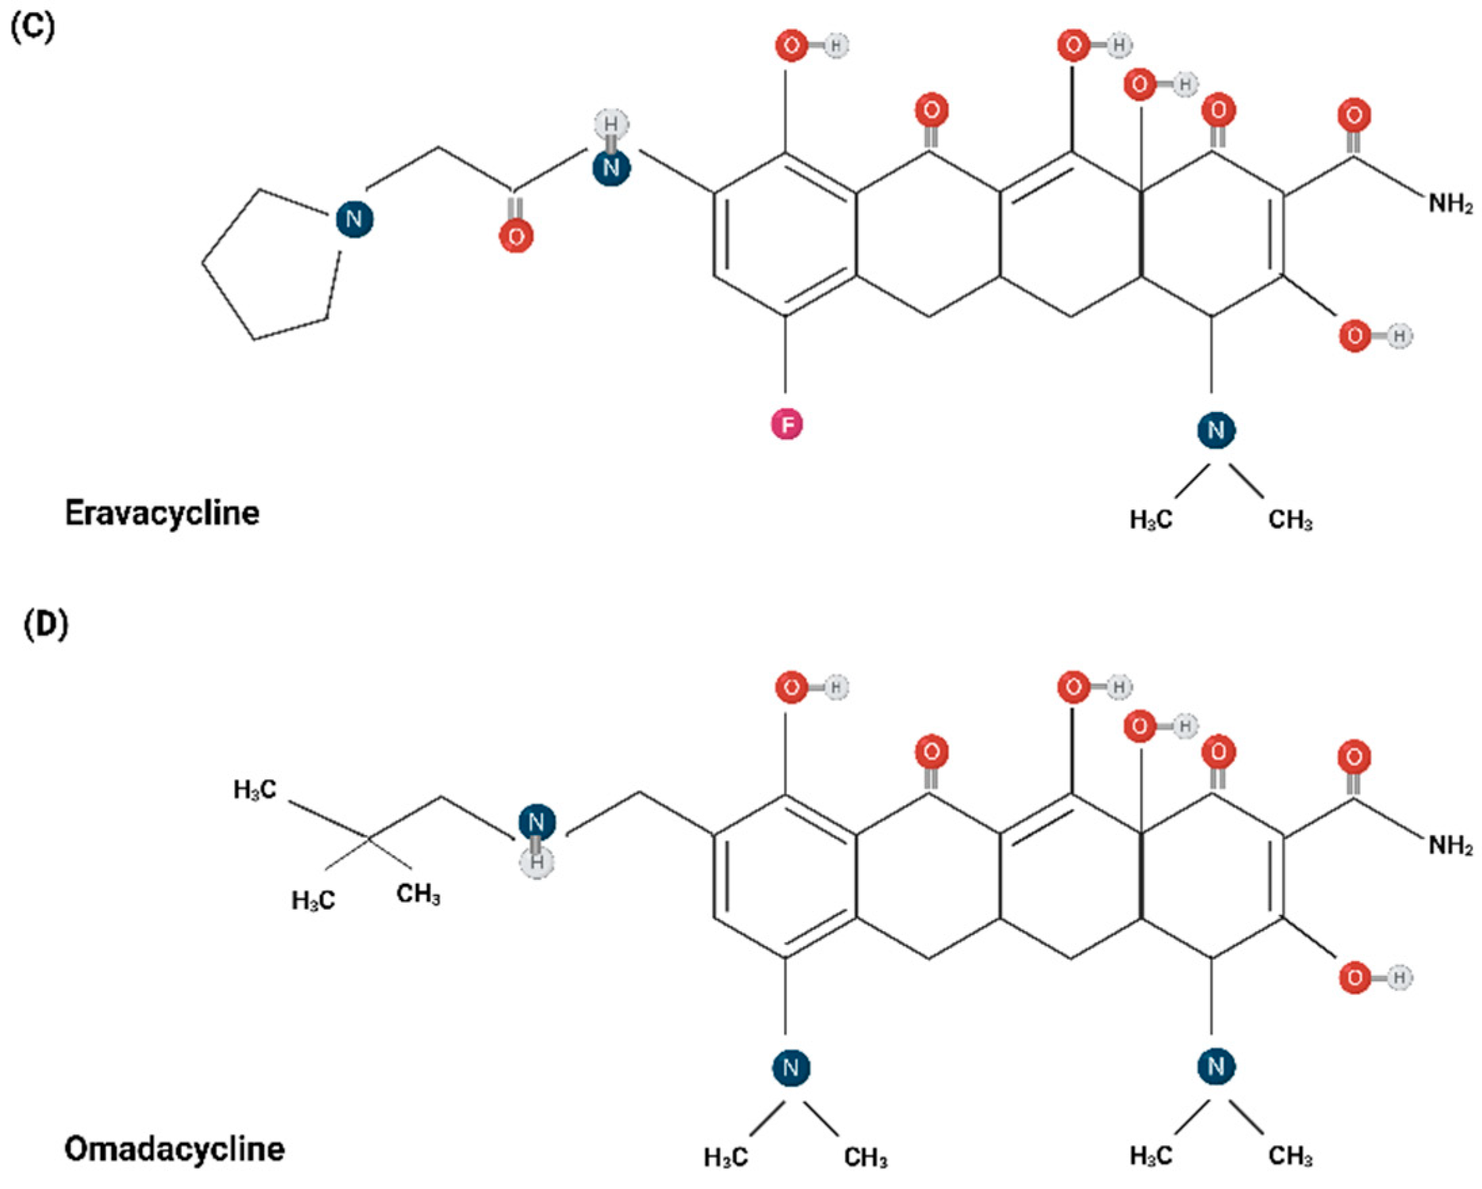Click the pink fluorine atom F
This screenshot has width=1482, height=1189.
pyautogui.click(x=787, y=424)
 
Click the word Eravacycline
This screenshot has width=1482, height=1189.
pyautogui.click(x=162, y=514)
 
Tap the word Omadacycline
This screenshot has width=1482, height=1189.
pyautogui.click(x=175, y=1149)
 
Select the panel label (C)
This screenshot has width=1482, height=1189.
pyautogui.click(x=32, y=28)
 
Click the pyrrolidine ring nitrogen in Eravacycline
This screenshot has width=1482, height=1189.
pyautogui.click(x=354, y=219)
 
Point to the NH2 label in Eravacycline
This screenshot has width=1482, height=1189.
pyautogui.click(x=1451, y=204)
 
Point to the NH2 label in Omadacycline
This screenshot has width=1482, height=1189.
pyautogui.click(x=1451, y=845)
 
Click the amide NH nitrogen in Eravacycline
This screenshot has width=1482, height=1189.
pyautogui.click(x=611, y=167)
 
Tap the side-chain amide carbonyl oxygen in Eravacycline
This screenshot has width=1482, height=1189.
pyautogui.click(x=516, y=236)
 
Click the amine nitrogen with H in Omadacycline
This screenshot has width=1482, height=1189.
pyautogui.click(x=537, y=822)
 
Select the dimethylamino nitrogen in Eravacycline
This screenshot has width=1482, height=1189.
pyautogui.click(x=1216, y=430)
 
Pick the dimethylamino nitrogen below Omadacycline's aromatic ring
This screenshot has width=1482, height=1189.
pyautogui.click(x=791, y=1067)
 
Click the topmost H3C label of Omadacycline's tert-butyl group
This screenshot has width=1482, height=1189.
pyautogui.click(x=255, y=790)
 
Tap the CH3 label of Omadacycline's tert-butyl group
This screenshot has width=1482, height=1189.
pyautogui.click(x=418, y=894)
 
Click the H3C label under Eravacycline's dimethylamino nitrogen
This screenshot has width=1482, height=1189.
pyautogui.click(x=1150, y=520)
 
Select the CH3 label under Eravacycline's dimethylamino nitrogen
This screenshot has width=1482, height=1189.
pyautogui.click(x=1290, y=520)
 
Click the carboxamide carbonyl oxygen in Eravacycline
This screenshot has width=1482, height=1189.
pyautogui.click(x=1354, y=115)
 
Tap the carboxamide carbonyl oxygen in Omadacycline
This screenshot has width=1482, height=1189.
pyautogui.click(x=1354, y=757)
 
